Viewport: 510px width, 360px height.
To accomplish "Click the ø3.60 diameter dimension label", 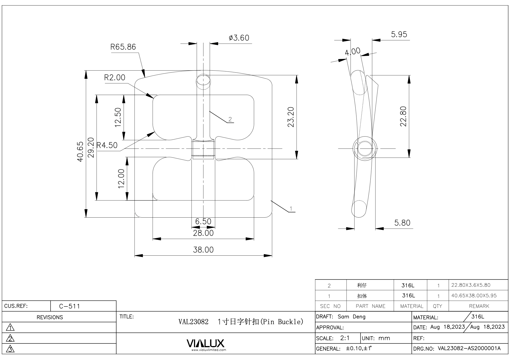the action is (239, 38).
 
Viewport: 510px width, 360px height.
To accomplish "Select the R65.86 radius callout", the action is (123, 47).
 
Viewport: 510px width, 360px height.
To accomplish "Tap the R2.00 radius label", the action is (115, 77).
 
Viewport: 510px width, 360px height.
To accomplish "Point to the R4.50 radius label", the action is (107, 145).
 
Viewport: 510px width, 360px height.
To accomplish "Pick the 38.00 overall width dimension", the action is (203, 250).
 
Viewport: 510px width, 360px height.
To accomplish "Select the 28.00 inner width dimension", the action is (203, 233).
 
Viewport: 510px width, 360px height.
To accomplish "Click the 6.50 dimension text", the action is (203, 221).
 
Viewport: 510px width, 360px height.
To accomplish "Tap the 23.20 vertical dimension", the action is (291, 117).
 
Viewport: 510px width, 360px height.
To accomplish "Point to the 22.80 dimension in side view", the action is (403, 116).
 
